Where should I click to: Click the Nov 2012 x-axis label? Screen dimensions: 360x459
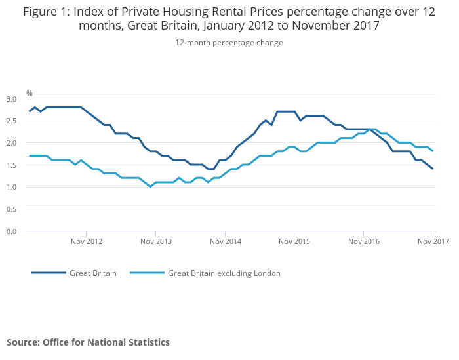click(87, 241)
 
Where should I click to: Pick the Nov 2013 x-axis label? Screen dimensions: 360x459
click(155, 241)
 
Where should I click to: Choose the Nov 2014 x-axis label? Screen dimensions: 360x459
click(225, 241)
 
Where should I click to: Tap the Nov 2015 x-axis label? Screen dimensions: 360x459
click(294, 241)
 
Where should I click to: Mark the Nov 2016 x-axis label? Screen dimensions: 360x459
click(364, 241)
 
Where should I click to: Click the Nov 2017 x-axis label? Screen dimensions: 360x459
click(433, 241)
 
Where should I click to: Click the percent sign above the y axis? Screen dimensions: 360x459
click(30, 94)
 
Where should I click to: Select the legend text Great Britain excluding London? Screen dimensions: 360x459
click(224, 273)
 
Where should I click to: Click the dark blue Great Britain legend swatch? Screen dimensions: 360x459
click(49, 273)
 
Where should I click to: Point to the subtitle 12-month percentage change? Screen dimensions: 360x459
click(229, 43)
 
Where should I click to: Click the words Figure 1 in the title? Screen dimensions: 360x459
click(44, 11)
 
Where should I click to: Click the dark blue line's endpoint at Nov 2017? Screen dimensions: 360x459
click(433, 169)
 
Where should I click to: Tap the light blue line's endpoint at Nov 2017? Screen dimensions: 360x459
click(433, 151)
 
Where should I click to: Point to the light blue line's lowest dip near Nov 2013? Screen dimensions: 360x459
click(150, 187)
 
